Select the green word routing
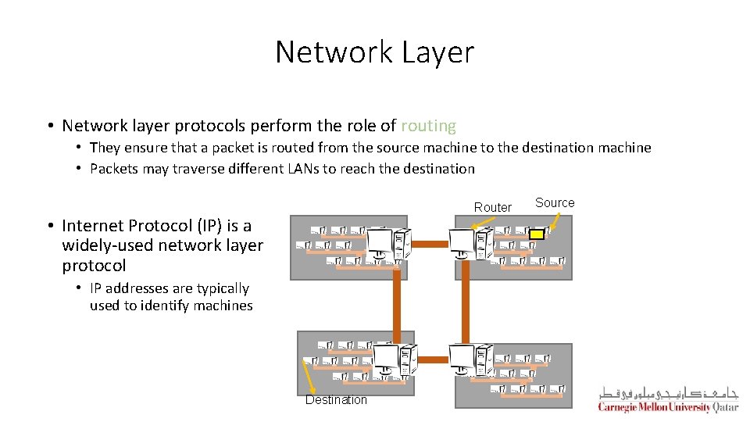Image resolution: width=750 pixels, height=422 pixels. (428, 126)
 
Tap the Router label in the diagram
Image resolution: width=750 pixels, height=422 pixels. (493, 207)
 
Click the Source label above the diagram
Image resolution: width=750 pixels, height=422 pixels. (555, 202)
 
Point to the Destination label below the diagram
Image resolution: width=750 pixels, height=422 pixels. (336, 400)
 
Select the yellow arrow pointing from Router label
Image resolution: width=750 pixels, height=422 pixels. (486, 224)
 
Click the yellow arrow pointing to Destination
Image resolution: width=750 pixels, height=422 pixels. (309, 383)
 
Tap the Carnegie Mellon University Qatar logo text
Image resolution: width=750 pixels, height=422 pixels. (667, 407)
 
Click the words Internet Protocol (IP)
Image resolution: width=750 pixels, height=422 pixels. (156, 226)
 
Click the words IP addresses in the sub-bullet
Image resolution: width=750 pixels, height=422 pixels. (130, 289)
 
